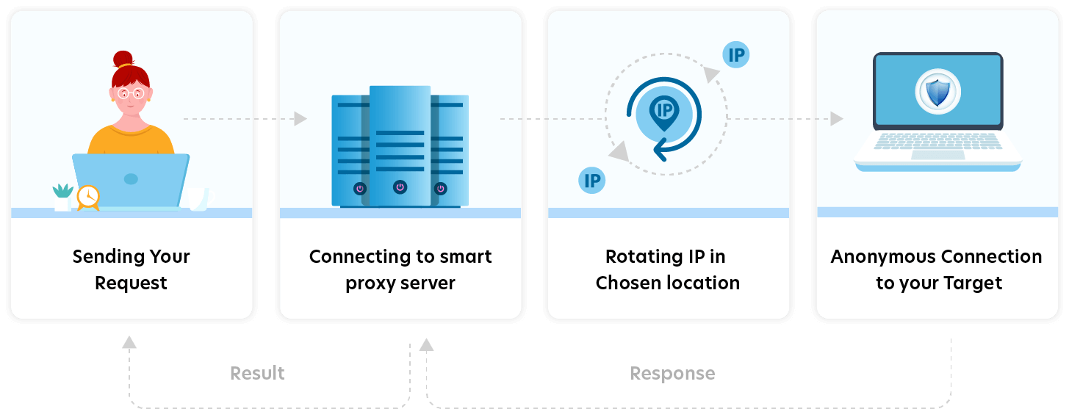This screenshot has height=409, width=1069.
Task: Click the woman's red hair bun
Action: pos(123,59)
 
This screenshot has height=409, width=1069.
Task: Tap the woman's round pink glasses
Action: pos(130,93)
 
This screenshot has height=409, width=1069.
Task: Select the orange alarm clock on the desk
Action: pos(88,196)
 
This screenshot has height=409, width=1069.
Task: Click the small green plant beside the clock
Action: pos(62,192)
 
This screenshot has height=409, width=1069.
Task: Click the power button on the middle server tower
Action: pos(400,187)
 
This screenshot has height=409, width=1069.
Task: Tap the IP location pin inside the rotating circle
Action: pos(663,112)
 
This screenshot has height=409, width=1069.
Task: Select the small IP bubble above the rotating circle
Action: pos(736,55)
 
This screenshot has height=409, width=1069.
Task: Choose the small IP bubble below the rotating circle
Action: pos(591,180)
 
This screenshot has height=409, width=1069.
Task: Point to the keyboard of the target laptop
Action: pos(937,142)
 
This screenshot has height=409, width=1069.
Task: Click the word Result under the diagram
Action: pos(257,373)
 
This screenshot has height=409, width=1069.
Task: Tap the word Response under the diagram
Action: pos(672,374)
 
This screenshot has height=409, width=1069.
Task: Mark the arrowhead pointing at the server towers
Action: pos(300,118)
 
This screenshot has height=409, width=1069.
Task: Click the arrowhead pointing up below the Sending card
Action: pos(129,341)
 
